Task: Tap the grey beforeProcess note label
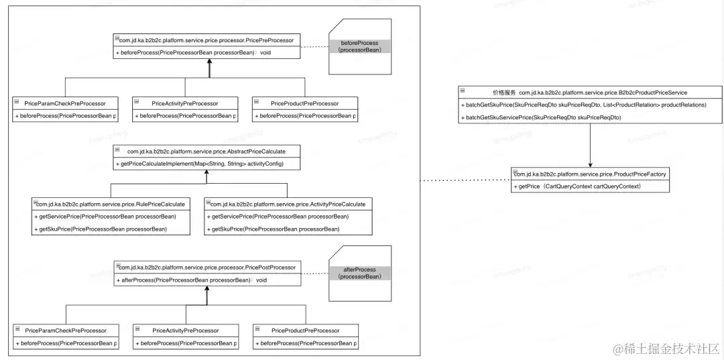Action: (359, 46)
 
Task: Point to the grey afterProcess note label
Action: (359, 273)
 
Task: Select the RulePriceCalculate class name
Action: (111, 203)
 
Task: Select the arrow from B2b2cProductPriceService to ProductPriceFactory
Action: (591, 145)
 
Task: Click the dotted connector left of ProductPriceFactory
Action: (465, 180)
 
